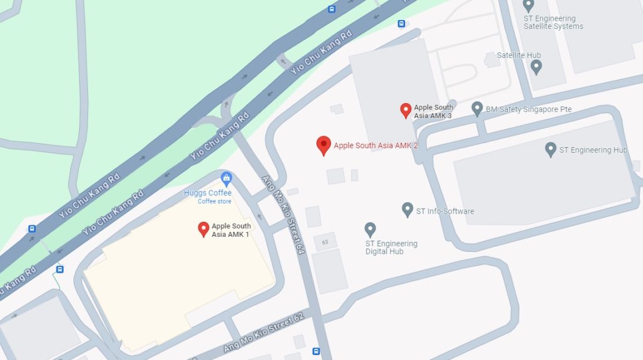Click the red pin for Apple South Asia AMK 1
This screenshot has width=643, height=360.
[x=203, y=229]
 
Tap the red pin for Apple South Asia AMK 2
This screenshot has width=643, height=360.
[x=323, y=145]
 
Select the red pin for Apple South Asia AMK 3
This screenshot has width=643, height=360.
[x=406, y=111]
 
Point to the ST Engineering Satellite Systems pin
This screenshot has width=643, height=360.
[x=528, y=6]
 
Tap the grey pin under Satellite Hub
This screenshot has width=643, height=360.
[x=536, y=67]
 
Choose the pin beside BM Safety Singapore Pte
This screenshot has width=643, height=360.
[x=477, y=109]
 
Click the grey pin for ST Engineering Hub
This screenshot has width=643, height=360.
[x=551, y=150]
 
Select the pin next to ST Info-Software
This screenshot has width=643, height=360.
[x=408, y=210]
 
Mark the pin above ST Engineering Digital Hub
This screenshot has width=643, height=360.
[x=370, y=230]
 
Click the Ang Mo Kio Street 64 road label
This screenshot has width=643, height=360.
[x=283, y=214]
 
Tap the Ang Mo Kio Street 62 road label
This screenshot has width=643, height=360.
[x=264, y=333]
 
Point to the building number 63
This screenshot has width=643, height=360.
[x=325, y=242]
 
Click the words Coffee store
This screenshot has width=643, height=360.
[x=215, y=202]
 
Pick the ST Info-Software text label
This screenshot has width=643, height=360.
[x=445, y=211]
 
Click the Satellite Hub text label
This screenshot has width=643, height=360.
[x=519, y=55]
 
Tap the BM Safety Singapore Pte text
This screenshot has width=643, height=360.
[x=529, y=109]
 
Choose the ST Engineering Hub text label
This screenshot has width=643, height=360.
[x=593, y=150]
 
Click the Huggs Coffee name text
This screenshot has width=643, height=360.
[x=208, y=193]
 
